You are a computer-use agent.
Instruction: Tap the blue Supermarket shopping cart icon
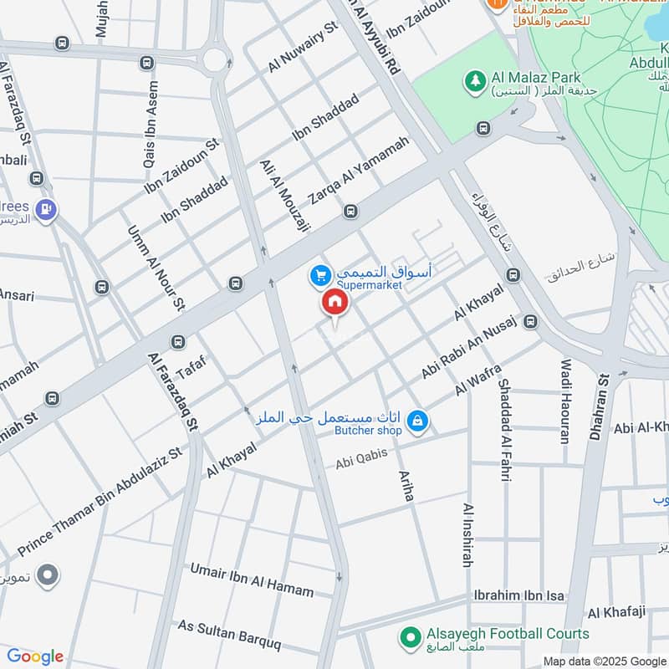click(319, 274)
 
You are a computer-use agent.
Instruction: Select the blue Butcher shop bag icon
click(419, 423)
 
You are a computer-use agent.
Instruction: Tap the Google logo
click(35, 656)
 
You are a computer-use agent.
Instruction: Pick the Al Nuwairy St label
click(302, 47)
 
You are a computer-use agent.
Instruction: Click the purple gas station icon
click(48, 209)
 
